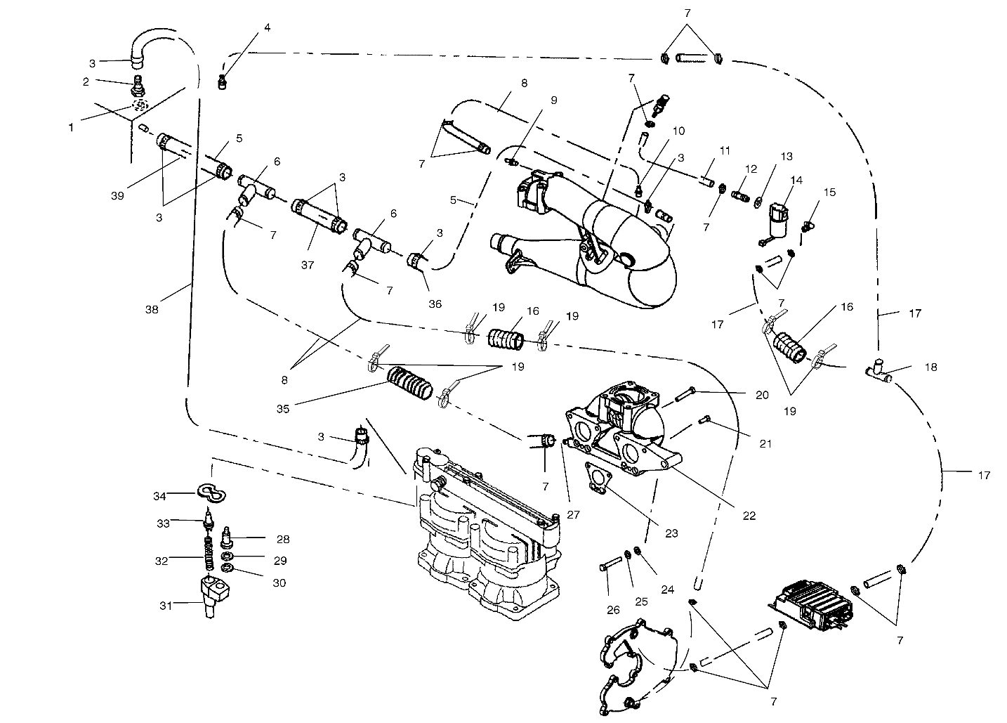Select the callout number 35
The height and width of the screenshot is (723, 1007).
click(x=303, y=405)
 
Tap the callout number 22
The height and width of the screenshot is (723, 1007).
click(x=749, y=515)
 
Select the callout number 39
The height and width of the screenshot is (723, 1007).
click(x=117, y=195)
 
